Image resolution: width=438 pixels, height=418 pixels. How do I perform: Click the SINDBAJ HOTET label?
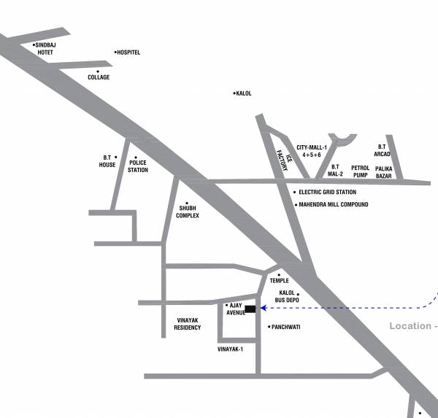coord(45,49)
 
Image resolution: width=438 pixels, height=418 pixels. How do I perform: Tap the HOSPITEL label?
coord(128,53)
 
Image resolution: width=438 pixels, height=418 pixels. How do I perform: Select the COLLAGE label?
coord(99,77)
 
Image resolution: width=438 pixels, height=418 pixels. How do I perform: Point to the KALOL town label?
coord(244,93)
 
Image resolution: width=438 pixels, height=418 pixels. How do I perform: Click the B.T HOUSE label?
coord(107,161)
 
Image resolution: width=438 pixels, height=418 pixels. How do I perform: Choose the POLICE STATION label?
coord(138,166)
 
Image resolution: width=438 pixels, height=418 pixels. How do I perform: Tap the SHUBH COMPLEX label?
coord(188,212)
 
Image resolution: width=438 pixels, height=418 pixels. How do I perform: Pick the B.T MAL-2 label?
coord(335,171)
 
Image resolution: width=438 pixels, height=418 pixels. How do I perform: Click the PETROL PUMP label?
coord(360,171)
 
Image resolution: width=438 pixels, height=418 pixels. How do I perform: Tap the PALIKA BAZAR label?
coord(384,171)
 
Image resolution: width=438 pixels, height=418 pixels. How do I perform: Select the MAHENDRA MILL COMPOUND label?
coord(334,205)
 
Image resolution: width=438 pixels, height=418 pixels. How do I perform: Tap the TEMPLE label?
coord(279,280)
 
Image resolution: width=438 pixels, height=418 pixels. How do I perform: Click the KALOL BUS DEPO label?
coord(287,296)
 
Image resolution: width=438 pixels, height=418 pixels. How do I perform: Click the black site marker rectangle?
coord(250,309)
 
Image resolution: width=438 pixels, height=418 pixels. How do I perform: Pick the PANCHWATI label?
coord(285,327)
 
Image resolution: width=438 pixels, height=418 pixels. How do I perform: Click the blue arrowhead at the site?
coord(262,309)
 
